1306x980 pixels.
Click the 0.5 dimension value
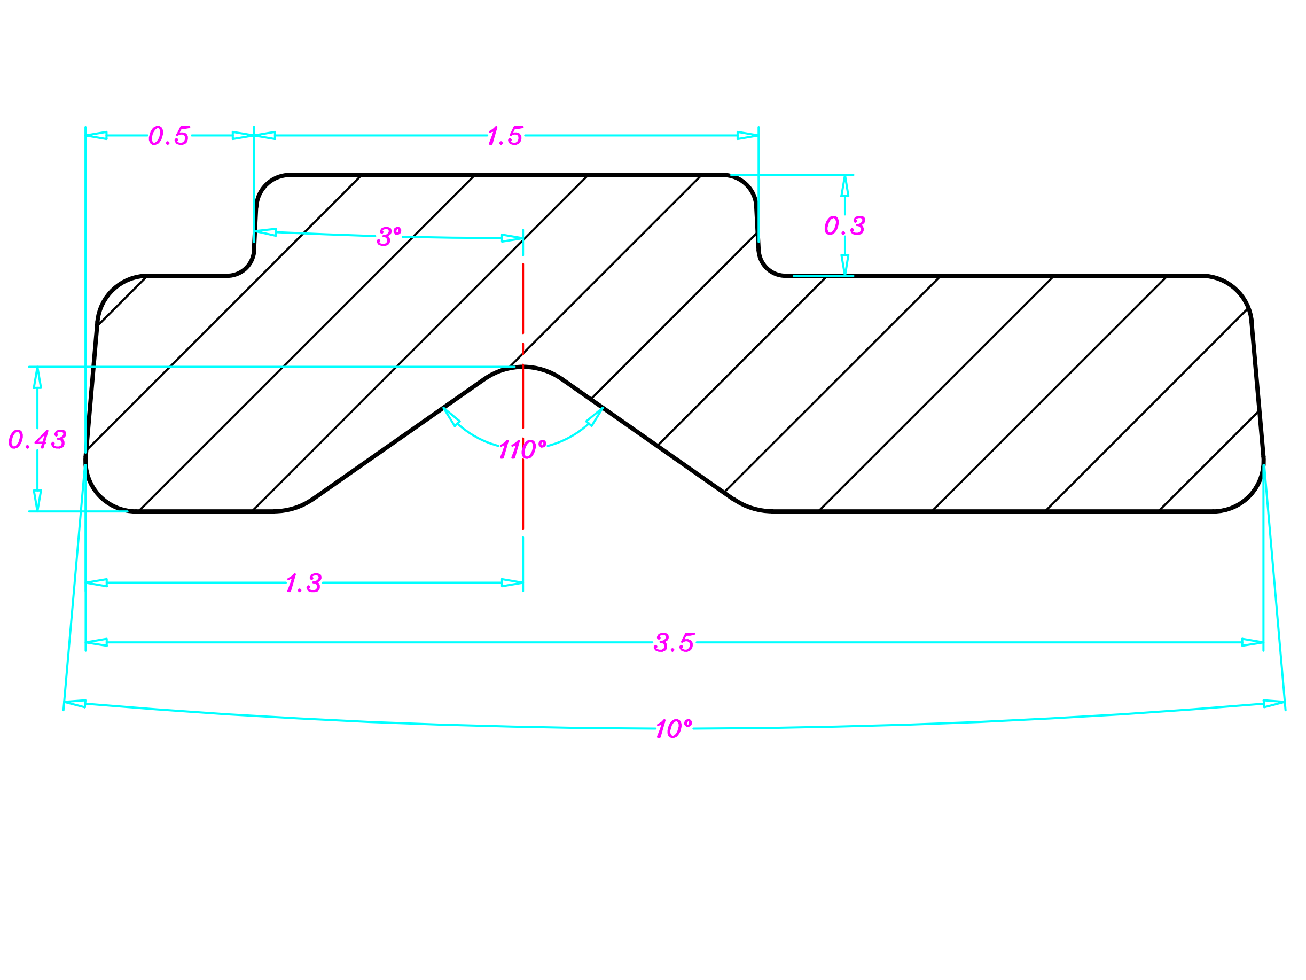pos(169,136)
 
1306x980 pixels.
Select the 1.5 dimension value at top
pos(505,136)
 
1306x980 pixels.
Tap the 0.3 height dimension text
pos(845,225)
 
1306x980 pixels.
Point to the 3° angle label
pos(389,237)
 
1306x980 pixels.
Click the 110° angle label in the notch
pos(522,449)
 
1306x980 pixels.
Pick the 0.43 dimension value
pos(37,439)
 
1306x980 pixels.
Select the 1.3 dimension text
pos(304,584)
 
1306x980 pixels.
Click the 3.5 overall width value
pos(674,643)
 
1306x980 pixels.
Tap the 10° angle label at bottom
pos(674,729)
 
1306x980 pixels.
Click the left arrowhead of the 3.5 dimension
pos(97,642)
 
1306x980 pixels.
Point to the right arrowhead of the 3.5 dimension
pos(1252,642)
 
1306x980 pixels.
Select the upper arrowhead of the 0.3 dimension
pos(845,185)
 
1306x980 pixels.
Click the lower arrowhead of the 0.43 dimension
pos(37,500)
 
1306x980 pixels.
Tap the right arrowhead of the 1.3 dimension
pos(512,583)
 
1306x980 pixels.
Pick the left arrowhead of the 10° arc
pos(75,704)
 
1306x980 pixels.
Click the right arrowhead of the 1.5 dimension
pos(747,135)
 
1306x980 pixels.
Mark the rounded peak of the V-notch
pos(523,368)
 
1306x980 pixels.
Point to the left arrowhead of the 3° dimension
pos(265,232)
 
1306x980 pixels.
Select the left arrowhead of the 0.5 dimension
pos(97,135)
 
